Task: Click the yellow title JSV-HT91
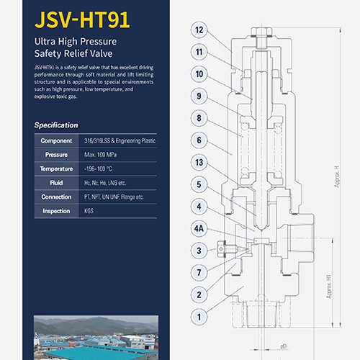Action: [x=82, y=19]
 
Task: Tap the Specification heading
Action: [x=56, y=125]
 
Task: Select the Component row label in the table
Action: [x=56, y=140]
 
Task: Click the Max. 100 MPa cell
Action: [x=101, y=155]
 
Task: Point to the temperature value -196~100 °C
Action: [x=98, y=168]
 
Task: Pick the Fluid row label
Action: [x=56, y=183]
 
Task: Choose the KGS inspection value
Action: [x=89, y=211]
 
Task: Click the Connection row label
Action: [x=56, y=197]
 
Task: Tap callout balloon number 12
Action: [x=199, y=30]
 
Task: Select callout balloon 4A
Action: [x=199, y=228]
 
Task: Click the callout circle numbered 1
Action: [x=199, y=317]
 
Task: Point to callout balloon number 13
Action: [x=199, y=163]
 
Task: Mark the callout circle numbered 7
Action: [x=199, y=273]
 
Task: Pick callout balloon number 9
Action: [x=199, y=96]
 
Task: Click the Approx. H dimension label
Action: [x=337, y=176]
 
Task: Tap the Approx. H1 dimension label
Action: [x=328, y=287]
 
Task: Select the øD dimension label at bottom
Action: [x=284, y=346]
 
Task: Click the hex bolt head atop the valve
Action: [x=261, y=32]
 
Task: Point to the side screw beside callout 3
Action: [x=227, y=249]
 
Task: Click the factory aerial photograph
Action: [x=96, y=338]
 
